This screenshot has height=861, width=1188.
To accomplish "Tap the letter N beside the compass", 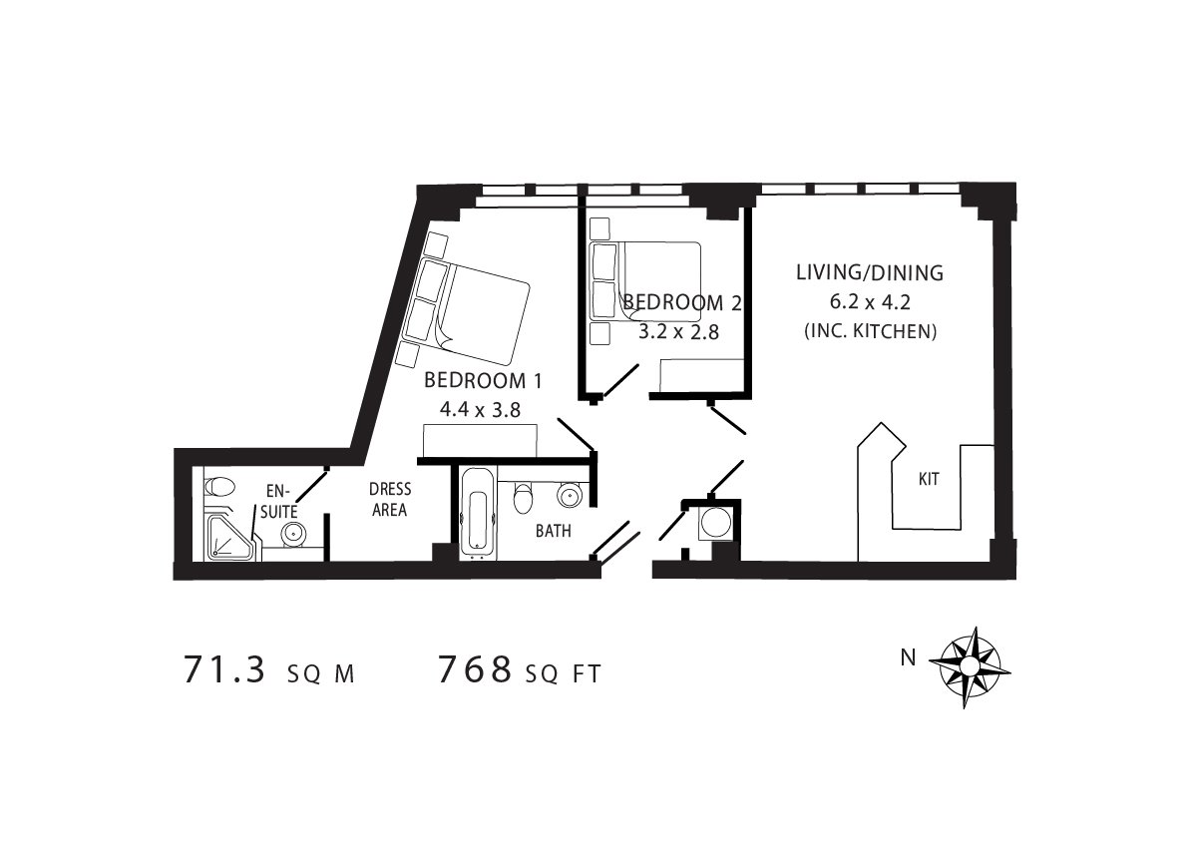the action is tap(908, 657).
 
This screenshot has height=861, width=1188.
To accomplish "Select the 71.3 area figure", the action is tap(224, 670).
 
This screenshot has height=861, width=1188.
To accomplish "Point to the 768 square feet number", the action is tap(475, 670).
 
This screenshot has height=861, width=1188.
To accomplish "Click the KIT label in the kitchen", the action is tap(928, 479).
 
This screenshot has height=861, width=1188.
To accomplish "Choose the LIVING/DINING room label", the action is tap(869, 272).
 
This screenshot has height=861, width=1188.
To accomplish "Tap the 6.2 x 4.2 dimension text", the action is tap(869, 302).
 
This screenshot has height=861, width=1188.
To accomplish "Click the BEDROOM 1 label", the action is tap(483, 380).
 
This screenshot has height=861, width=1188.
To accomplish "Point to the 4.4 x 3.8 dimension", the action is tap(481, 410).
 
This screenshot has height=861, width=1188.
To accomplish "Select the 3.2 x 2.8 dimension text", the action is tap(678, 332).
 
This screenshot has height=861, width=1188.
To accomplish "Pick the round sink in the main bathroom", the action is tap(570, 496).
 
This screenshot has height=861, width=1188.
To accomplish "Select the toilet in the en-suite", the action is tap(218, 486).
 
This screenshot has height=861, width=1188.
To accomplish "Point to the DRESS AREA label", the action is tap(389, 500).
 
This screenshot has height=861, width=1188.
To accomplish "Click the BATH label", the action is tap(553, 532).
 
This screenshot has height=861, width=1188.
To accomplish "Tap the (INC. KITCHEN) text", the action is tap(871, 331).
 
